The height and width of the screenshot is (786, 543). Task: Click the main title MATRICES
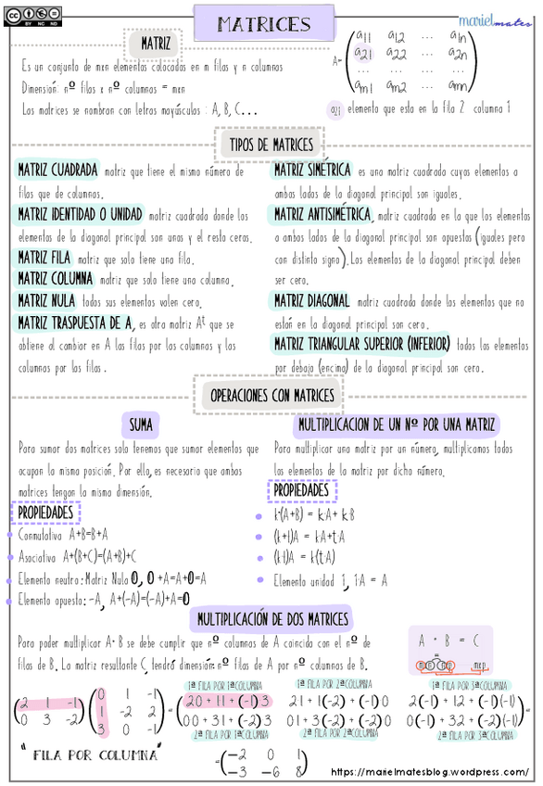[x=264, y=23]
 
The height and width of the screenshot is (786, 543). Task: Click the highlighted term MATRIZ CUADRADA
[x=57, y=171]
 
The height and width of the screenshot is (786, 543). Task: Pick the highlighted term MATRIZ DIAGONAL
[x=310, y=300]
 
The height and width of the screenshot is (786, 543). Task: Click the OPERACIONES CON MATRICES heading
[x=271, y=395]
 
